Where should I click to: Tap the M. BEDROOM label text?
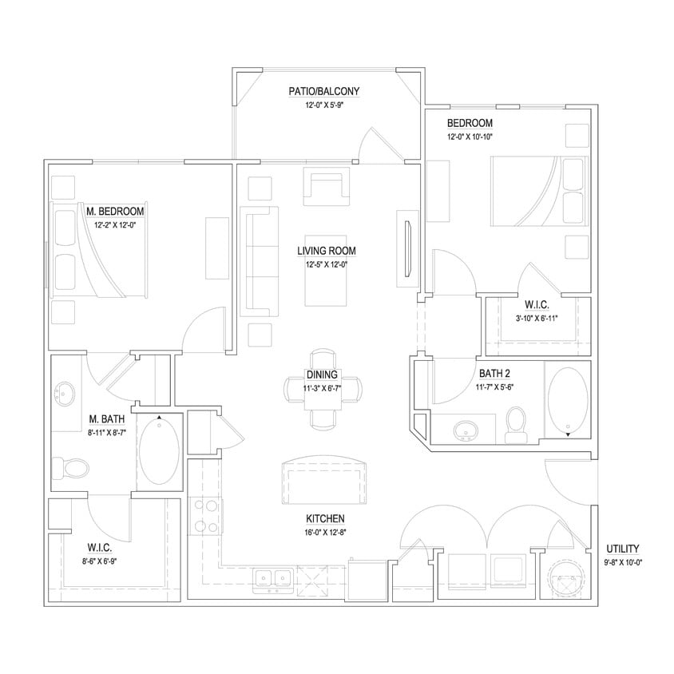tap(115, 211)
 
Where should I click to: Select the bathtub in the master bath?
tap(160, 452)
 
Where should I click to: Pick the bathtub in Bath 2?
tap(568, 402)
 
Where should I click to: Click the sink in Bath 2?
tap(465, 430)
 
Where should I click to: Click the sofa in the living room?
tap(260, 260)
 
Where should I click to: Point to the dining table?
tap(323, 389)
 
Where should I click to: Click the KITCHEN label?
tap(323, 517)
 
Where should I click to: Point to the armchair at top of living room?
tap(326, 185)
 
